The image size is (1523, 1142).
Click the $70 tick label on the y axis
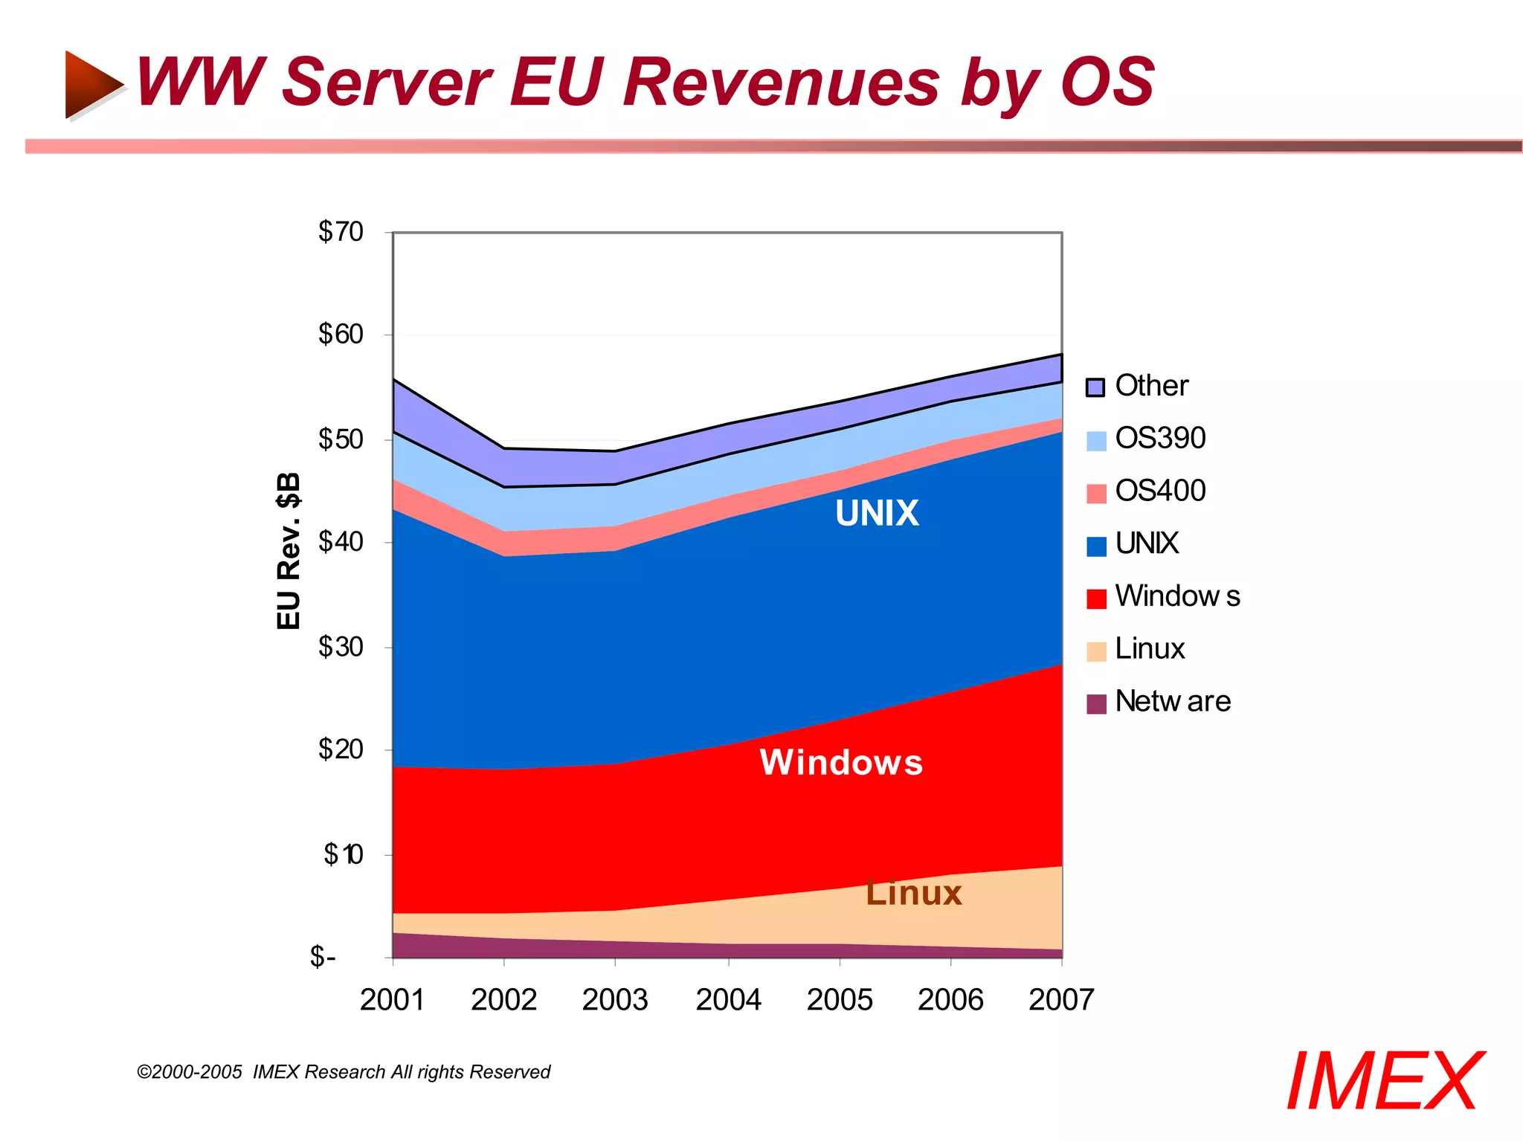[341, 232]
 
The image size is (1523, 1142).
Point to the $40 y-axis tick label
[341, 542]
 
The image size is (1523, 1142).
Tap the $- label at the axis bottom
[323, 956]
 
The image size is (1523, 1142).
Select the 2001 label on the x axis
[392, 1000]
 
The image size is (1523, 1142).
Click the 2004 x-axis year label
[728, 1000]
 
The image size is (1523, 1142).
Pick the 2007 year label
[1061, 1000]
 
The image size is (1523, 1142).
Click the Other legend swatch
[1095, 387]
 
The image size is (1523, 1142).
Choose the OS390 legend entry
[1160, 439]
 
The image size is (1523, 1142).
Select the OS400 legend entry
[1160, 491]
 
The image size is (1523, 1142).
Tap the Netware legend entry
[1172, 702]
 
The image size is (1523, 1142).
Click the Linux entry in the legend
[1149, 649]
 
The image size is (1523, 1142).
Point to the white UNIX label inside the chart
[877, 513]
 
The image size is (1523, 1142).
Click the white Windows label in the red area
[841, 763]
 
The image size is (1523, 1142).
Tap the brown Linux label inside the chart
[914, 893]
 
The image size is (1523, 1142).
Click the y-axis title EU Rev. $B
[289, 551]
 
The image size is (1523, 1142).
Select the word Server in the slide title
[387, 82]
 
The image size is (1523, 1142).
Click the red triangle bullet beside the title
[91, 84]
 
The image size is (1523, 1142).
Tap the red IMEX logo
[1385, 1082]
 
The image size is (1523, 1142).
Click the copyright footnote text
[344, 1072]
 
